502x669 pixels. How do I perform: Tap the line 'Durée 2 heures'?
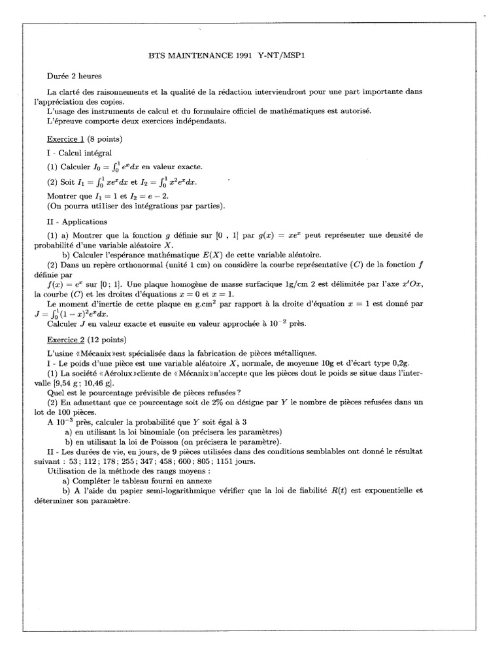tap(74, 76)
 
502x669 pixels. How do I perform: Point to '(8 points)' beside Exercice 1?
tap(105, 139)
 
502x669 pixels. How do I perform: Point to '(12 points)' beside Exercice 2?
tap(107, 340)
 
